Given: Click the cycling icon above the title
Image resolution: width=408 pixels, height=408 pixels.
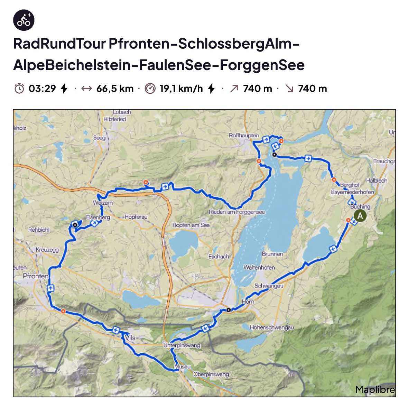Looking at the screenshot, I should click(x=24, y=20).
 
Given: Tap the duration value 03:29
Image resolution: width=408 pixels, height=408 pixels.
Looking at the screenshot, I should click(x=42, y=89).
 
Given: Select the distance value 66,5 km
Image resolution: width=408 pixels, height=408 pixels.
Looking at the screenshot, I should click(x=115, y=89).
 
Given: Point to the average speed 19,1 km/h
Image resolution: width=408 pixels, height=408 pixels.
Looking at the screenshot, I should click(x=181, y=89).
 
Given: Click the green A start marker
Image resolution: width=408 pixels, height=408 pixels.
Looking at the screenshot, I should click(x=360, y=216).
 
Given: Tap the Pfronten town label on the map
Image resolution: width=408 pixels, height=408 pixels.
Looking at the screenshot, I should click(x=36, y=276).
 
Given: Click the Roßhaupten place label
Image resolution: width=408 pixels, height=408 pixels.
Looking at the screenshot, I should click(x=244, y=136).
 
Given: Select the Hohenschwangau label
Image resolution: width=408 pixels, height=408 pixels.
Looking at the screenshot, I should click(x=272, y=327).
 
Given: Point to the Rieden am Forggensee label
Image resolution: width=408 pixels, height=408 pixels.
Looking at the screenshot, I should click(x=237, y=212).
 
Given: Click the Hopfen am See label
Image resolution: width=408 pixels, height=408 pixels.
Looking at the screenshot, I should click(x=191, y=225).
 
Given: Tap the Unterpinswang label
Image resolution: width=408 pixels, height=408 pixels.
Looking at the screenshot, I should click(x=182, y=345).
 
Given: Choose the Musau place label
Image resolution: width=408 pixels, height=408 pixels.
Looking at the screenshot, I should click(x=182, y=367).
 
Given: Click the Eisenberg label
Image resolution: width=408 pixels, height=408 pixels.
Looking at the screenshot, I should click(x=98, y=217).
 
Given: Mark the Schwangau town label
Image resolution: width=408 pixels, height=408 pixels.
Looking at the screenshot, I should click(x=269, y=286).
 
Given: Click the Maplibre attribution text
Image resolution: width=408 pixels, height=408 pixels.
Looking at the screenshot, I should click(x=375, y=390).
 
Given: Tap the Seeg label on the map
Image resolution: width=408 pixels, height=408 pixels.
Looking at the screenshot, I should click(x=99, y=138).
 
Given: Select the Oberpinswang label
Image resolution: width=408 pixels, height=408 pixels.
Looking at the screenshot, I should click(x=211, y=374).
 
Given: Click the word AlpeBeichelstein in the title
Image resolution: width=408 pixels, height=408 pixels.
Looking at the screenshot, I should click(x=73, y=65).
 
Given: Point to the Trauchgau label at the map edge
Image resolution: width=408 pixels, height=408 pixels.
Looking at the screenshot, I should click(x=384, y=161).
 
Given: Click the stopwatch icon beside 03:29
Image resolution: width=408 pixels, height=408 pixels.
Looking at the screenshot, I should click(x=19, y=89).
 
